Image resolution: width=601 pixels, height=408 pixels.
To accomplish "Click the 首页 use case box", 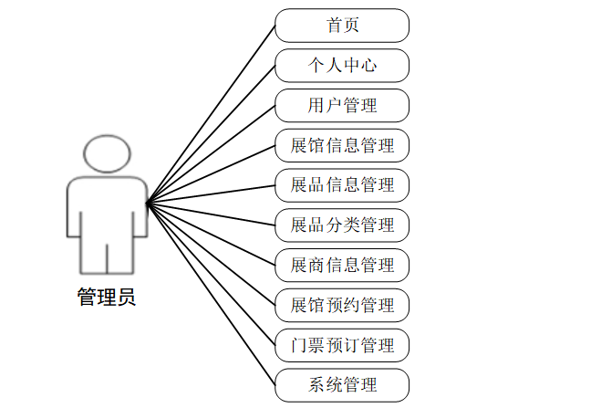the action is tap(342, 26).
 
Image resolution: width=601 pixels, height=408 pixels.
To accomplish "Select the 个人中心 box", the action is tap(342, 66).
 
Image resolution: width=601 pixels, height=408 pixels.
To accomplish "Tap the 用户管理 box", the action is tap(342, 105).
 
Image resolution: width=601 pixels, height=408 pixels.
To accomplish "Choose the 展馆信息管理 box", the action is tap(342, 145).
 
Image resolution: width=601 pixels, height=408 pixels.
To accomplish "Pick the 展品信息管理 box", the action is tap(342, 185).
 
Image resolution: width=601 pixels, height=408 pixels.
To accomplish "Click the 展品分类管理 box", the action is tap(342, 225).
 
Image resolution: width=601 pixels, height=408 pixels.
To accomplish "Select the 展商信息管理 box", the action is tap(342, 265).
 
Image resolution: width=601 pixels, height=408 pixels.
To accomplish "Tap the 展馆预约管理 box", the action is tap(342, 305).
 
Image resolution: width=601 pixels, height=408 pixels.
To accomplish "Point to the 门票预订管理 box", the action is tap(342, 345).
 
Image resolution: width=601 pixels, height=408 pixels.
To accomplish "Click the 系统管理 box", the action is tap(342, 384).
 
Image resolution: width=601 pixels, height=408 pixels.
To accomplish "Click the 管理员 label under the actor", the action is tap(107, 298).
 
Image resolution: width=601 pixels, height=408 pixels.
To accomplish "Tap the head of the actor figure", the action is tap(108, 154).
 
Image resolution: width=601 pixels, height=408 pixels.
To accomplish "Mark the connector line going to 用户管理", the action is tap(211, 153).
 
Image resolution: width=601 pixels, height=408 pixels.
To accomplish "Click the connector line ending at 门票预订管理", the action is tap(211, 273).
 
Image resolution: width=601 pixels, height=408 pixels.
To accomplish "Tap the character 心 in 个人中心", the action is tap(369, 66).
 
